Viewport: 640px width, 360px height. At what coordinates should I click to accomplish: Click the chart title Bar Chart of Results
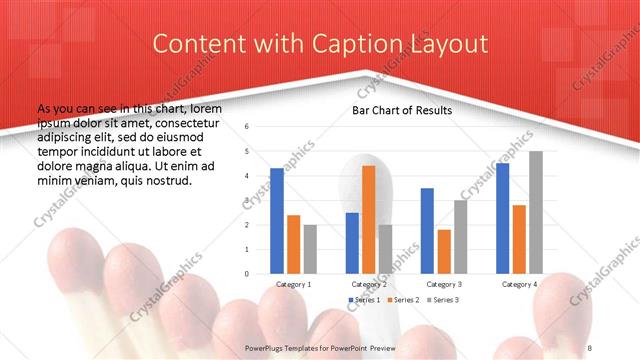[401, 110]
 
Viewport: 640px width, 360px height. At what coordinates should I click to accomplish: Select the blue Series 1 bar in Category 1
[277, 220]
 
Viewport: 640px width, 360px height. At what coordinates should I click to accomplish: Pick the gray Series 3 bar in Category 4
[536, 212]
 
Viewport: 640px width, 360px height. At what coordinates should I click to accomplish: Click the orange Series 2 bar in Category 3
[444, 251]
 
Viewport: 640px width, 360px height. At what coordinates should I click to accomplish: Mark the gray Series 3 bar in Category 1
[310, 248]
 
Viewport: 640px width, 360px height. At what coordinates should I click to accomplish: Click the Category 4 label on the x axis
[519, 284]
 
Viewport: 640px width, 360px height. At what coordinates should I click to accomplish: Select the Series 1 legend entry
[365, 300]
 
